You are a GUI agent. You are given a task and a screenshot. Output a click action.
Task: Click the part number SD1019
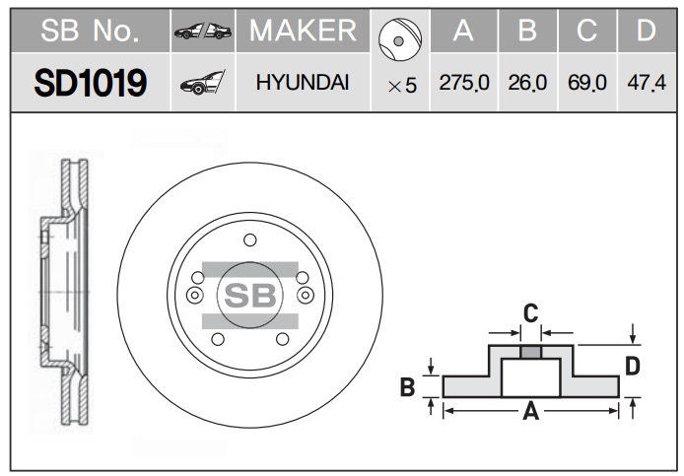91,83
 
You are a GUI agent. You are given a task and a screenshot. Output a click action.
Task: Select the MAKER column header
303,31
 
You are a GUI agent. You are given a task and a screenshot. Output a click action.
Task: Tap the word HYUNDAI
303,83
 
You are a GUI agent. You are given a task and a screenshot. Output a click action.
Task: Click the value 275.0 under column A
464,83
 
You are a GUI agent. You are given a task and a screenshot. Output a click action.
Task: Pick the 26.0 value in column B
527,83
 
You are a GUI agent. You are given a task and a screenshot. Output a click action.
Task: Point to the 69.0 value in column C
587,83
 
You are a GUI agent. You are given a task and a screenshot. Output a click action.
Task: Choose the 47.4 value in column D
647,83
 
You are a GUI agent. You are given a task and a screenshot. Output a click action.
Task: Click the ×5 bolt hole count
402,86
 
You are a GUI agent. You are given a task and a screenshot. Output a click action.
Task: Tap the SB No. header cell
90,31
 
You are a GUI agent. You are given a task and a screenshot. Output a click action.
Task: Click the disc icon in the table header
400,39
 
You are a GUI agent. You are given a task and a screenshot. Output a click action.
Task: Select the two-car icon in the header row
203,31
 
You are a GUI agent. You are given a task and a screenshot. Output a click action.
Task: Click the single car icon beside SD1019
202,82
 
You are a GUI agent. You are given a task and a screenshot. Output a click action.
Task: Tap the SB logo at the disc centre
250,296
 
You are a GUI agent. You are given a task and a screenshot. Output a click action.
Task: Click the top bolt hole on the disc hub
250,239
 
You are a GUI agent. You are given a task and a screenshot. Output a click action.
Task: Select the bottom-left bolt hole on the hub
218,339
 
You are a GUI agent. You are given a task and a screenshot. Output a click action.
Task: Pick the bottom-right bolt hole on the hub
283,339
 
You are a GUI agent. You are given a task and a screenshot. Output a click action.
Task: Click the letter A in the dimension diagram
531,411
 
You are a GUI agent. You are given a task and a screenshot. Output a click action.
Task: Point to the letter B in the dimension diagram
407,387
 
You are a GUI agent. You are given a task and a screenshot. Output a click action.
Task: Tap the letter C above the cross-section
531,313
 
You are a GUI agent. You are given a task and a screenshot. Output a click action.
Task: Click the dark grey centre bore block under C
531,352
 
